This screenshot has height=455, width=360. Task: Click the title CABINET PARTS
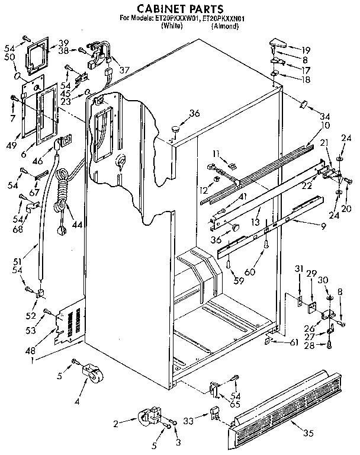pos(179,8)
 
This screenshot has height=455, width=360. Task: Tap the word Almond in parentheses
pos(225,26)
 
